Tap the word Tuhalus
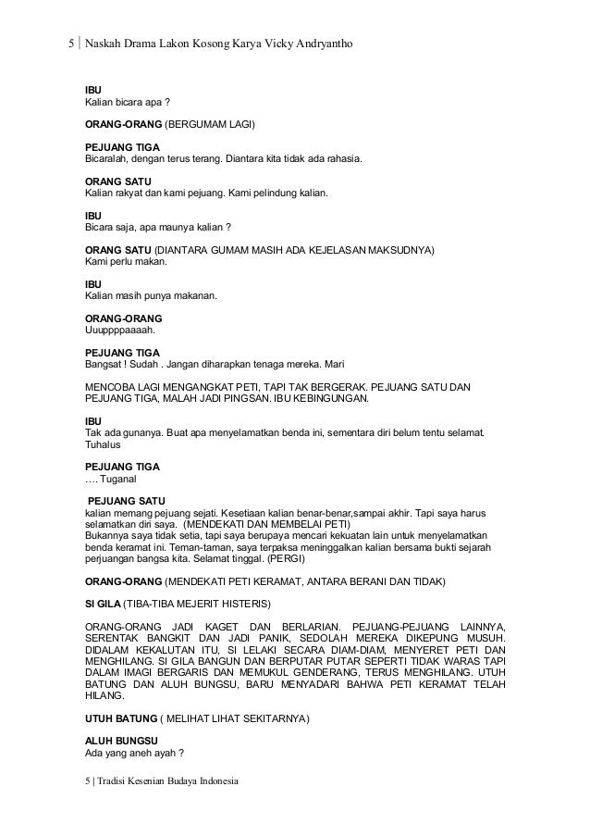(104, 443)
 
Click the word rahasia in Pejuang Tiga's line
(341, 158)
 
